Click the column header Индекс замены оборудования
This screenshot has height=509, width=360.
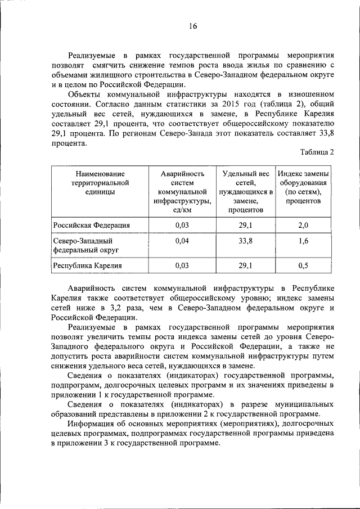(x=303, y=187)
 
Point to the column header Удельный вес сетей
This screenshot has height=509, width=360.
(x=246, y=192)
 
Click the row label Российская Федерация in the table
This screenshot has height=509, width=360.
(x=92, y=225)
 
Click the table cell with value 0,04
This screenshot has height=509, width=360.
(x=181, y=241)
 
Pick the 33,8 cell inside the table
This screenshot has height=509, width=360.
(x=246, y=241)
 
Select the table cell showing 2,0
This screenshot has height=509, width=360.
(x=303, y=225)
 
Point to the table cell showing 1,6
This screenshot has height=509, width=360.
(x=303, y=241)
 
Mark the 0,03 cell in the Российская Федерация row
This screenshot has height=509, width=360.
(x=181, y=225)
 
